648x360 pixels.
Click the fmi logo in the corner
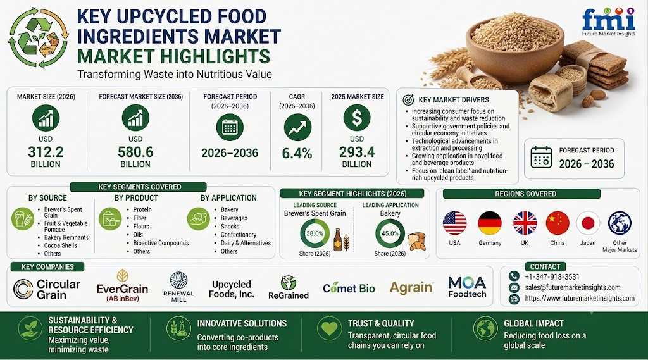coord(608,22)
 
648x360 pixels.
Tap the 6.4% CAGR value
coord(297,153)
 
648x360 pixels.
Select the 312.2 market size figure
coord(46,152)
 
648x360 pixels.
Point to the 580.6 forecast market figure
coord(135,152)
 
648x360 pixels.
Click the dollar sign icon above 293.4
coord(357,118)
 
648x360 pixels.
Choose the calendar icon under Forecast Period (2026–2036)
coord(229,127)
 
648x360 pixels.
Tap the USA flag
coord(454,223)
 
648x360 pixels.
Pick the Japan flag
coord(588,223)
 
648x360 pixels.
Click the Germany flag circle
coord(490,223)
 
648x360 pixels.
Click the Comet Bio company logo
coord(349,288)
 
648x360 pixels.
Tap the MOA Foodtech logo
coord(468,287)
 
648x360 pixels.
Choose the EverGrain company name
coord(122,289)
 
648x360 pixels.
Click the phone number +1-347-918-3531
coord(552,277)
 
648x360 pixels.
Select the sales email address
coord(572,287)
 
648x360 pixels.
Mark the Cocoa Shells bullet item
coord(60,245)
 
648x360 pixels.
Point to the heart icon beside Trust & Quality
coord(329,328)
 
